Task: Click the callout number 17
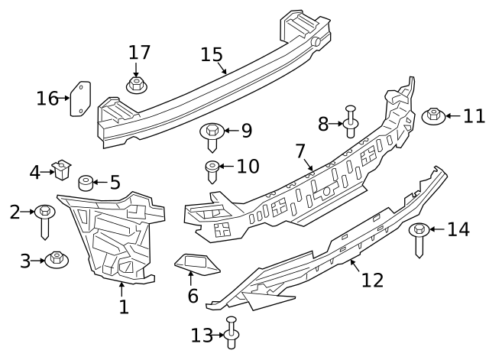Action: pyautogui.click(x=139, y=52)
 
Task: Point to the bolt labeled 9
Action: pyautogui.click(x=211, y=135)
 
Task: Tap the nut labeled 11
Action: pyautogui.click(x=432, y=117)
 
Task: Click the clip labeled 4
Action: pyautogui.click(x=60, y=169)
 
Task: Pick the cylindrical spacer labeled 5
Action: pyautogui.click(x=86, y=183)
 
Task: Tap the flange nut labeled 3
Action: pyautogui.click(x=57, y=260)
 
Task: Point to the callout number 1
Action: pyautogui.click(x=123, y=307)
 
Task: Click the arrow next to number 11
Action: pyautogui.click(x=452, y=116)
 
